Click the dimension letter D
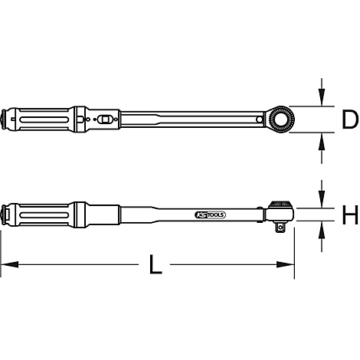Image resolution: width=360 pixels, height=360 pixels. (x=350, y=119)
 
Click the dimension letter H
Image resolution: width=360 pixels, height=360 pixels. (x=350, y=214)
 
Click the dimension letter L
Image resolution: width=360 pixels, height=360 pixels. (x=155, y=264)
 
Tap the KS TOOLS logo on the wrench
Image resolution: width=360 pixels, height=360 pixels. (x=210, y=215)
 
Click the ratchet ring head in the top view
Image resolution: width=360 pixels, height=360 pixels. (x=280, y=119)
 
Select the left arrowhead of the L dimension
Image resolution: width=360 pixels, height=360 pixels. (x=10, y=264)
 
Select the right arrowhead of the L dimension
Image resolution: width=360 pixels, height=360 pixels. (x=286, y=264)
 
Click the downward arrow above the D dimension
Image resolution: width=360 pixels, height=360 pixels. (x=322, y=92)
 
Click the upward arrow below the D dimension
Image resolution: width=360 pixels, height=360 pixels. (x=322, y=148)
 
